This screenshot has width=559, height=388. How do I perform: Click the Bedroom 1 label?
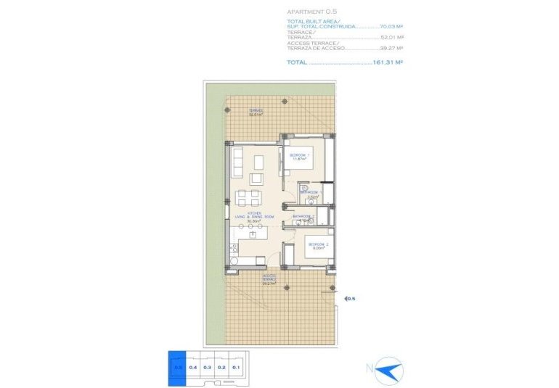(300, 157)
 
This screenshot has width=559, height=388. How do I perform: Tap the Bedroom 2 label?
(319, 246)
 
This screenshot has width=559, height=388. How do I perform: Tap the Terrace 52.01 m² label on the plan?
(256, 112)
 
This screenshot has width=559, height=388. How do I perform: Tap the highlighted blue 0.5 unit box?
(177, 367)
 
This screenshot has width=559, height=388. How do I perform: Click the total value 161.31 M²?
(388, 62)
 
